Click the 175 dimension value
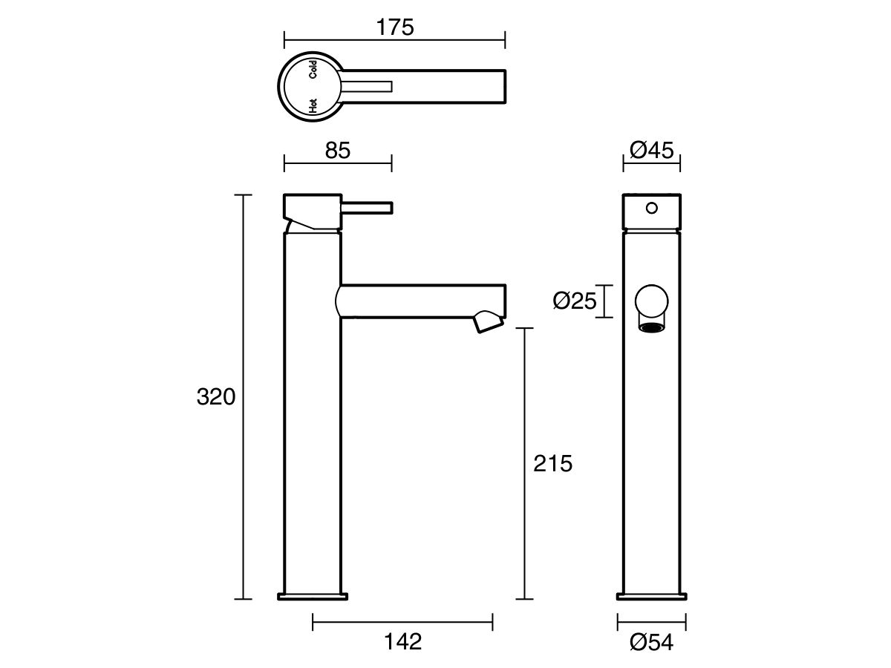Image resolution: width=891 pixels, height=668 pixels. pyautogui.click(x=394, y=27)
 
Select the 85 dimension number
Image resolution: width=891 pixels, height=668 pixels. pyautogui.click(x=337, y=151)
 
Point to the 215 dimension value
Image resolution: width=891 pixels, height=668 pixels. pyautogui.click(x=553, y=464)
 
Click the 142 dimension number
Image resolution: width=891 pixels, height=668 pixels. pyautogui.click(x=402, y=641)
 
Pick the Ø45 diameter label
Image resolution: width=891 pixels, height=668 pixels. pyautogui.click(x=651, y=151)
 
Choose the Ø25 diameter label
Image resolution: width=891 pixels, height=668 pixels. pyautogui.click(x=575, y=301)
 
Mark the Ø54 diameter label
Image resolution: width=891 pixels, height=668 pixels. pyautogui.click(x=651, y=642)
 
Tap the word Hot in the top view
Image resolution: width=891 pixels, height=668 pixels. pyautogui.click(x=313, y=105)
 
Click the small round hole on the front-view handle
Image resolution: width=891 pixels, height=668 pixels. pyautogui.click(x=651, y=209)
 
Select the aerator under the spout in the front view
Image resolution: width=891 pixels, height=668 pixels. pyautogui.click(x=651, y=327)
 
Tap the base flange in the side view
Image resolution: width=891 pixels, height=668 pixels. pyautogui.click(x=313, y=596)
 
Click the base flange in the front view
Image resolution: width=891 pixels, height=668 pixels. pyautogui.click(x=651, y=596)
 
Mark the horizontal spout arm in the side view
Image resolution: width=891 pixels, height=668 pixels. pyautogui.click(x=420, y=301)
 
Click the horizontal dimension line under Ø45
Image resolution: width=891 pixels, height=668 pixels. pyautogui.click(x=651, y=166)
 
